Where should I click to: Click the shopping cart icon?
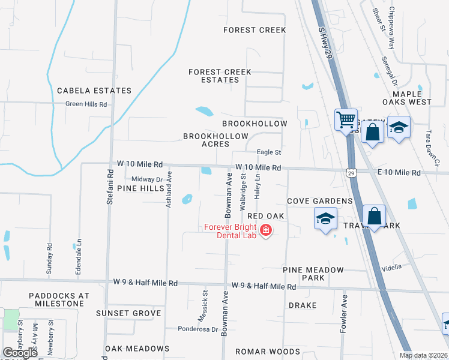pos(346,120)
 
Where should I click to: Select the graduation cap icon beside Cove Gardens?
pos(325,219)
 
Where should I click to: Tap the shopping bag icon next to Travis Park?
pos(374,217)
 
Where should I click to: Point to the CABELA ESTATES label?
pos(94,91)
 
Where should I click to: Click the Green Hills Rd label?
pos(86,104)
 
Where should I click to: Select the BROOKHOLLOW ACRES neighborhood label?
pos(215,140)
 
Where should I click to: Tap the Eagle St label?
pos(269,152)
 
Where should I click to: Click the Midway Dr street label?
pos(147,179)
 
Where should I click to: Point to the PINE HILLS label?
pos(140,188)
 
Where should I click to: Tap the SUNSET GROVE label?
pos(133,313)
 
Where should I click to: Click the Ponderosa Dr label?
pos(197,329)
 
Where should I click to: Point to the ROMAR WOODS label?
pos(267,352)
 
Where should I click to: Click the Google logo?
pos(20,352)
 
